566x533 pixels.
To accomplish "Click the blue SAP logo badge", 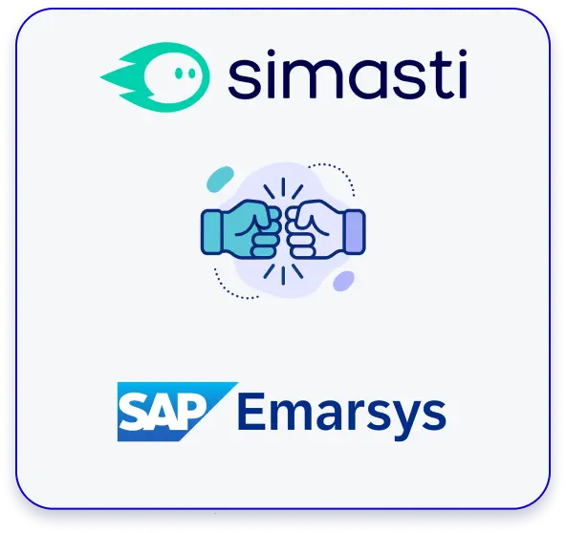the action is (177, 412).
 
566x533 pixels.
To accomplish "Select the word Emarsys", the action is (342, 414).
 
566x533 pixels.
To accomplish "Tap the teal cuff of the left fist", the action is (211, 232).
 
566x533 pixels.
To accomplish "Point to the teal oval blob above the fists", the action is (220, 180).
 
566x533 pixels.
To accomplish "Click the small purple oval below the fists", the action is (343, 281).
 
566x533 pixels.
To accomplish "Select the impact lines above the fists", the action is (283, 188).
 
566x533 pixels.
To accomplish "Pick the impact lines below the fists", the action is (283, 274).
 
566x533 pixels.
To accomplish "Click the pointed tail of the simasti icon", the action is (104, 76).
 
